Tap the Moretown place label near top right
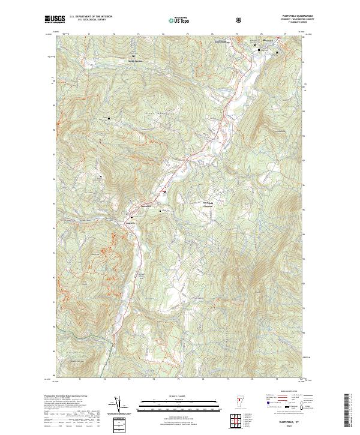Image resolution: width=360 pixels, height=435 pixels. point(269,41)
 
